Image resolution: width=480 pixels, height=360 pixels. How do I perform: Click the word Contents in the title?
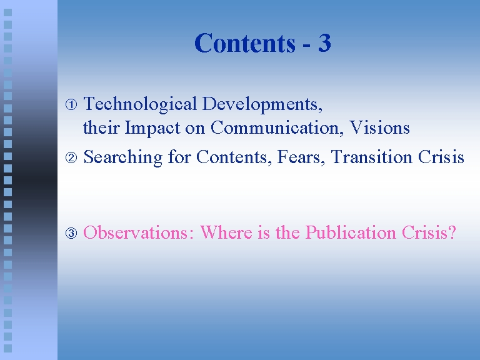(x=245, y=43)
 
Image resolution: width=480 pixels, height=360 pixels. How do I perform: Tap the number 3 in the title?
(x=324, y=43)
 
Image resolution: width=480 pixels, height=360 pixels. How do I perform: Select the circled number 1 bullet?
(x=71, y=105)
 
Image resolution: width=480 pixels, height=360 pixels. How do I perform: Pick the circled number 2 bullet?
(x=71, y=157)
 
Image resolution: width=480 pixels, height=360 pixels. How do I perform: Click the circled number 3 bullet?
(x=71, y=233)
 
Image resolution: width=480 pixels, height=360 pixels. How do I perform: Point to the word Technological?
(x=140, y=105)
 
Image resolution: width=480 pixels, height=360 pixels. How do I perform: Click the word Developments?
(x=262, y=105)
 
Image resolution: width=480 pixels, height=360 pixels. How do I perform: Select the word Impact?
(x=152, y=128)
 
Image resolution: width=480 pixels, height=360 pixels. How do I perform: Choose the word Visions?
(x=379, y=127)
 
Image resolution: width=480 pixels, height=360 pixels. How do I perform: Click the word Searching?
(x=122, y=158)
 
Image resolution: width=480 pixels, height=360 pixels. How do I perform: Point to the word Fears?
(x=301, y=157)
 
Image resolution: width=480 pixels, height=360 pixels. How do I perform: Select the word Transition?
(x=371, y=157)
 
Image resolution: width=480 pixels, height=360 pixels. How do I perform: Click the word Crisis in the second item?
(x=441, y=157)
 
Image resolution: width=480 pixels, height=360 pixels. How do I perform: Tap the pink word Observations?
(x=139, y=232)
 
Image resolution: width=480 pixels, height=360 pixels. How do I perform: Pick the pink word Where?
(x=226, y=232)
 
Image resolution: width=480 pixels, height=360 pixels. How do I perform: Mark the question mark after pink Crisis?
(x=452, y=232)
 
